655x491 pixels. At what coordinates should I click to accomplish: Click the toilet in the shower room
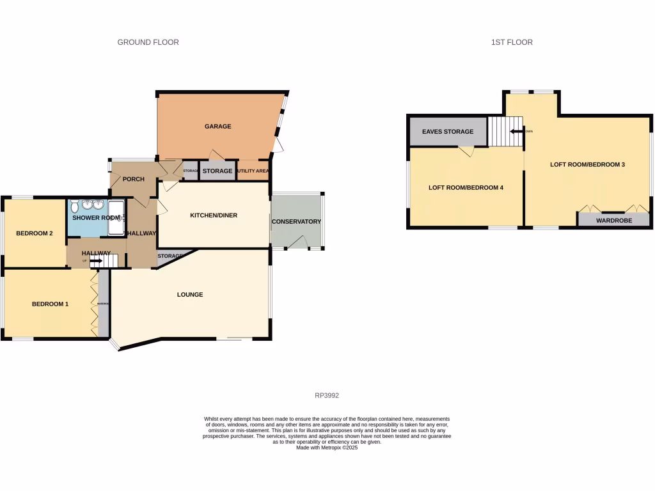click(x=75, y=207)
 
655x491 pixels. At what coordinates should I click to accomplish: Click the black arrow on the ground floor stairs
click(x=95, y=261)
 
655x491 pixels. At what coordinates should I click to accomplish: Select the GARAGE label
click(x=217, y=127)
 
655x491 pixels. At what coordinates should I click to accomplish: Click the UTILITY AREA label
click(x=253, y=171)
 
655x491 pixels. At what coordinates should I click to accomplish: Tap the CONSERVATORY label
click(x=296, y=222)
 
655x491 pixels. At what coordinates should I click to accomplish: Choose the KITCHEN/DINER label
click(x=214, y=215)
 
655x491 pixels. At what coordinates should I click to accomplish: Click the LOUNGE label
click(x=190, y=295)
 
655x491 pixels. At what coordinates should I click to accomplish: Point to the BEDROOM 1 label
click(x=50, y=304)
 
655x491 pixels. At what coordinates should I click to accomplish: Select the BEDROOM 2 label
click(x=34, y=233)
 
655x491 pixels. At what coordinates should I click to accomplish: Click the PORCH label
click(x=134, y=179)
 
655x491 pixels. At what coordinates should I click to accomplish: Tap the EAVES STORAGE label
click(x=448, y=132)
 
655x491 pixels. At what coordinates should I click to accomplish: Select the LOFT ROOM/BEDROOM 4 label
click(x=466, y=188)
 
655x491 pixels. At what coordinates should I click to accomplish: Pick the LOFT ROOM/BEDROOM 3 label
click(x=587, y=164)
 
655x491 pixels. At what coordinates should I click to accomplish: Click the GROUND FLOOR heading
click(x=148, y=42)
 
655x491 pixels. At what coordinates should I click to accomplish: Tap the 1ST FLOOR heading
click(x=512, y=42)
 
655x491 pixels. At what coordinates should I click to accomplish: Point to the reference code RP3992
click(x=327, y=396)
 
